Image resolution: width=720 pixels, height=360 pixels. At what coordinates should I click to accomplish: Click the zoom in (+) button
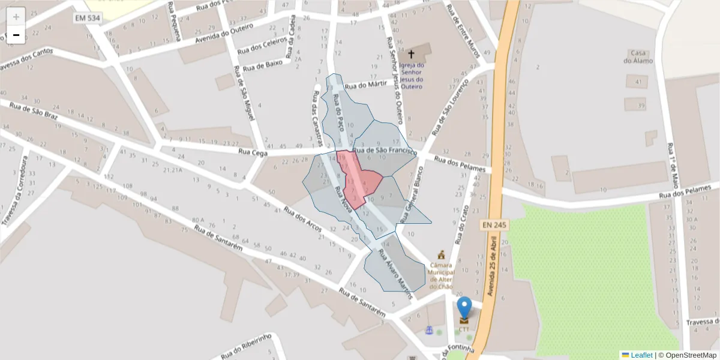pos(16,16)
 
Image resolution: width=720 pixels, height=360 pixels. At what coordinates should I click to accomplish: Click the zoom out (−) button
pos(16,35)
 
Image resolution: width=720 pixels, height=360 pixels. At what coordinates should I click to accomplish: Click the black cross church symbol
pos(411,54)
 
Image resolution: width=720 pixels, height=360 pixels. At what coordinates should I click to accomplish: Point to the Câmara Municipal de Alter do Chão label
pos(441,275)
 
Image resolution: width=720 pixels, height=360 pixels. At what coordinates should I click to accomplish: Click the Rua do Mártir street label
pos(364,85)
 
